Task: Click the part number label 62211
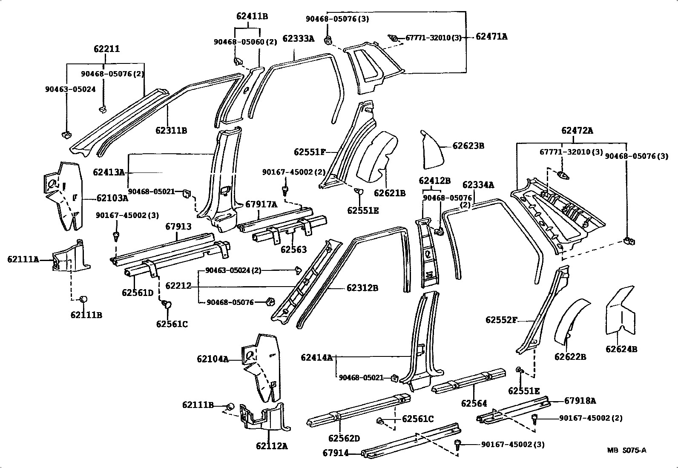point(106,49)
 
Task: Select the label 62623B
point(468,146)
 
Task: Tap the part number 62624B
point(621,349)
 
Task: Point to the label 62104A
point(213,359)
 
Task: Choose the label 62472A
point(577,131)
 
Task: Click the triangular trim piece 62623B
point(431,151)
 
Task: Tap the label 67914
point(335,453)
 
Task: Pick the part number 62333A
point(298,39)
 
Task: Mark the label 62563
point(293,250)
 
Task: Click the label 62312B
point(362,288)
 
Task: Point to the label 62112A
point(272,446)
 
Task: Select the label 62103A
point(112,198)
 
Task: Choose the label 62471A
point(491,37)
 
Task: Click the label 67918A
point(580,401)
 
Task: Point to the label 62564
point(474,403)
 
